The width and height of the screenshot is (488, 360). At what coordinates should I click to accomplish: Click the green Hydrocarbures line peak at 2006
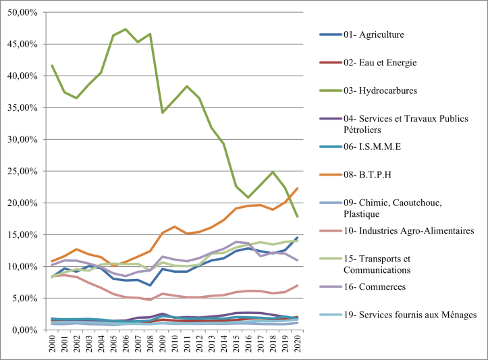(126, 29)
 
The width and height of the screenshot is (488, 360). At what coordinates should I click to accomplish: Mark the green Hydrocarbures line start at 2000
(53, 66)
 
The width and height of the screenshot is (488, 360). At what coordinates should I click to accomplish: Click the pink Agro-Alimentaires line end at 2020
(297, 286)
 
